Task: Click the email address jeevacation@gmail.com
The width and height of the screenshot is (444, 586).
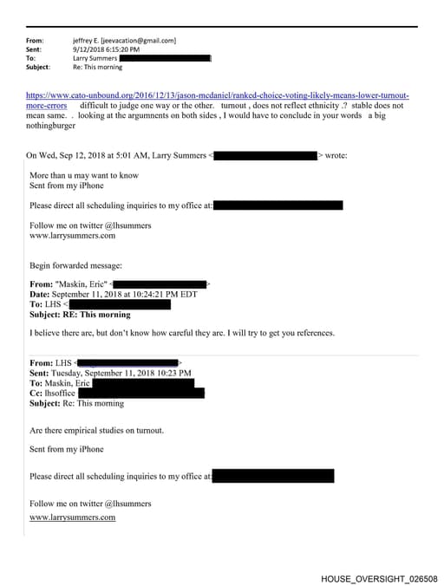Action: tap(139, 40)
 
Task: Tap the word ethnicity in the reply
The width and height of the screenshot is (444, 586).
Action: tap(321, 105)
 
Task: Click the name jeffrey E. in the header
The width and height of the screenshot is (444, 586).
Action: tap(86, 40)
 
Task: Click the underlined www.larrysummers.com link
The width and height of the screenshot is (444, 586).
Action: tap(72, 518)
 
